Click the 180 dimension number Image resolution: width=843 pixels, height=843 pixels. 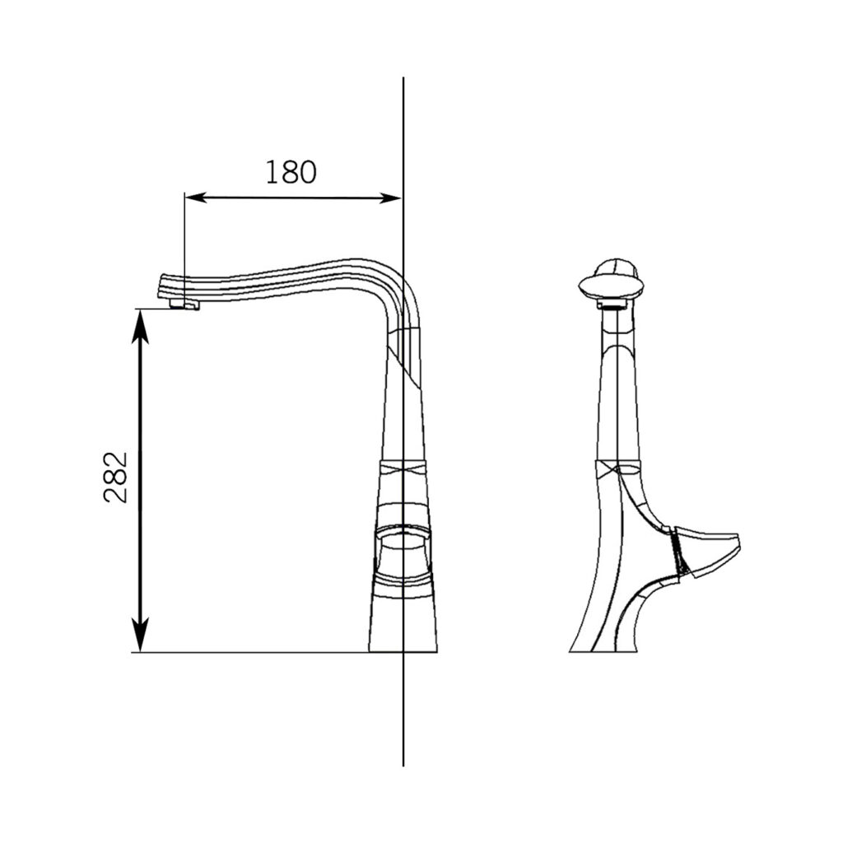click(x=291, y=172)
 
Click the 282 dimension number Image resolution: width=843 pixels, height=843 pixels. click(x=116, y=477)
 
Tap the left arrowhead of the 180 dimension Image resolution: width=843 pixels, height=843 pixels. click(x=195, y=198)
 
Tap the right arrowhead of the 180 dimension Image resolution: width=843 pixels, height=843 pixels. click(x=390, y=198)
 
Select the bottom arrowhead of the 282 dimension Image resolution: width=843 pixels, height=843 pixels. click(x=140, y=636)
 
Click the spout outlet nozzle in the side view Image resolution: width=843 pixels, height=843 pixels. click(x=184, y=305)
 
